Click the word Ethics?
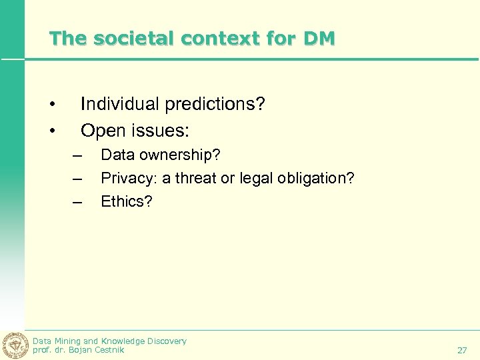click(x=127, y=201)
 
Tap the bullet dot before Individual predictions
click(x=51, y=105)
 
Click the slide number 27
click(x=462, y=350)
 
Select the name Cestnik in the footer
click(x=109, y=350)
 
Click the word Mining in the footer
click(x=67, y=341)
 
